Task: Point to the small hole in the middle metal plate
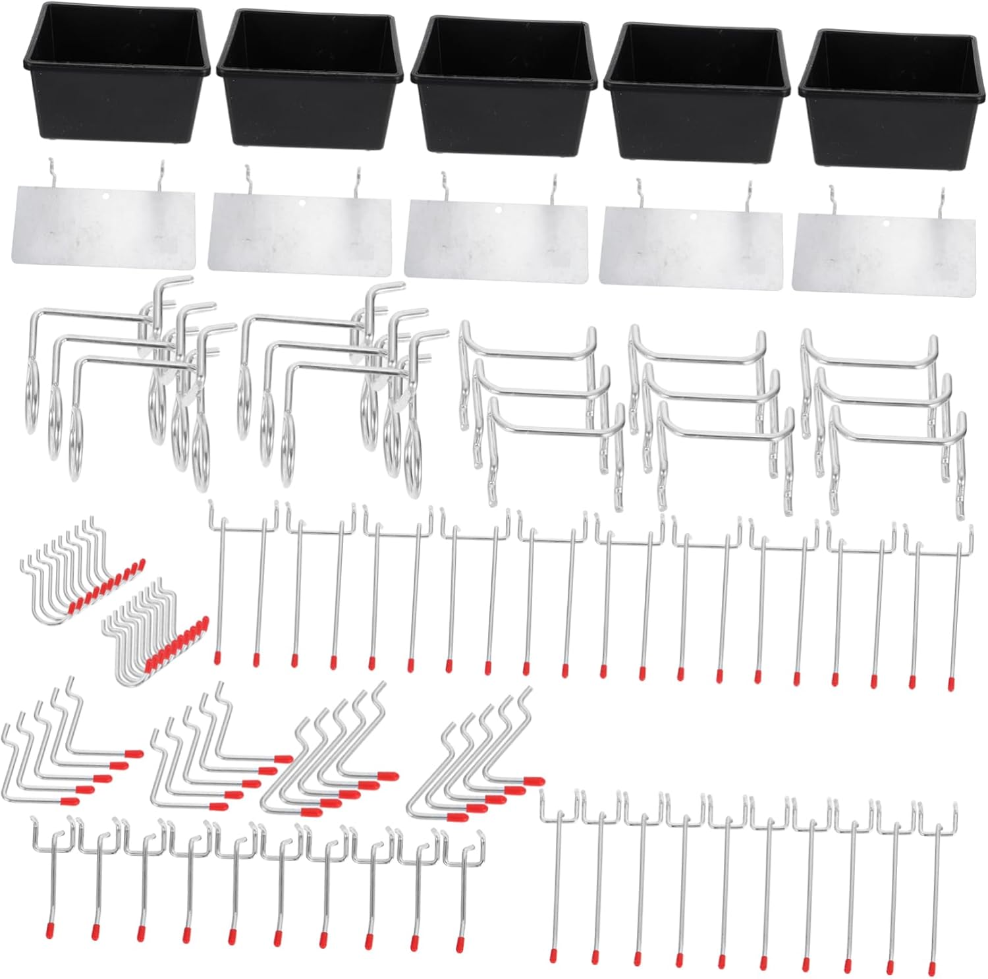coord(498,210)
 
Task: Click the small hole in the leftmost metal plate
coord(106,196)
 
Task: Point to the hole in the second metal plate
coord(301,203)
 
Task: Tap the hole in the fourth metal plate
coord(693,215)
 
